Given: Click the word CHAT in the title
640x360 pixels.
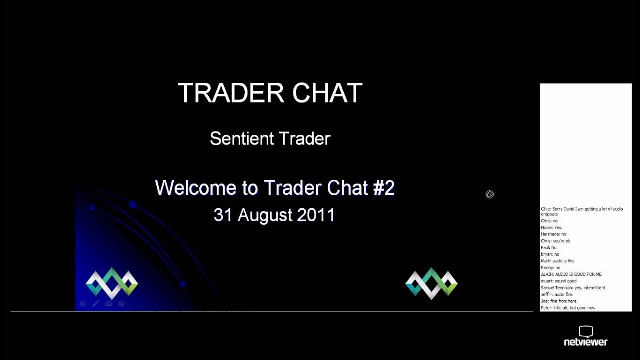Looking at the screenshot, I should [327, 93].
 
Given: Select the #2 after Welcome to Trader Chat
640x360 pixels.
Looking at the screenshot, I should [383, 188].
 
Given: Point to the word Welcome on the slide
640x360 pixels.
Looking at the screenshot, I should [195, 188].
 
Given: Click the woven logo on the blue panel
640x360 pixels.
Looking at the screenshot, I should [112, 283].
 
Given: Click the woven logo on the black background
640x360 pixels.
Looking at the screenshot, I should [431, 283].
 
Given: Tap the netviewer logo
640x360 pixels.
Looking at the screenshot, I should [585, 337].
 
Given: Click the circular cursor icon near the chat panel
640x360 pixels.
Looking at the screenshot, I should [490, 194].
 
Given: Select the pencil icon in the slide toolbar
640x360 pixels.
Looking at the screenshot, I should [96, 304].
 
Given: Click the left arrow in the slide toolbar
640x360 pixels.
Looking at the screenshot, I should [83, 304].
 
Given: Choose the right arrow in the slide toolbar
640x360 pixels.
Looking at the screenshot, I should [122, 304].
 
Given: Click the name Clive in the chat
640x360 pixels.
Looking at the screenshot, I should [546, 209].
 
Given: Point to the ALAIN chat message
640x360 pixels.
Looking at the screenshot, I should [571, 274].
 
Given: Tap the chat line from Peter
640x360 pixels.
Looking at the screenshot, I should [568, 308].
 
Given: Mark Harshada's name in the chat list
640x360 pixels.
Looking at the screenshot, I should [549, 234].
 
